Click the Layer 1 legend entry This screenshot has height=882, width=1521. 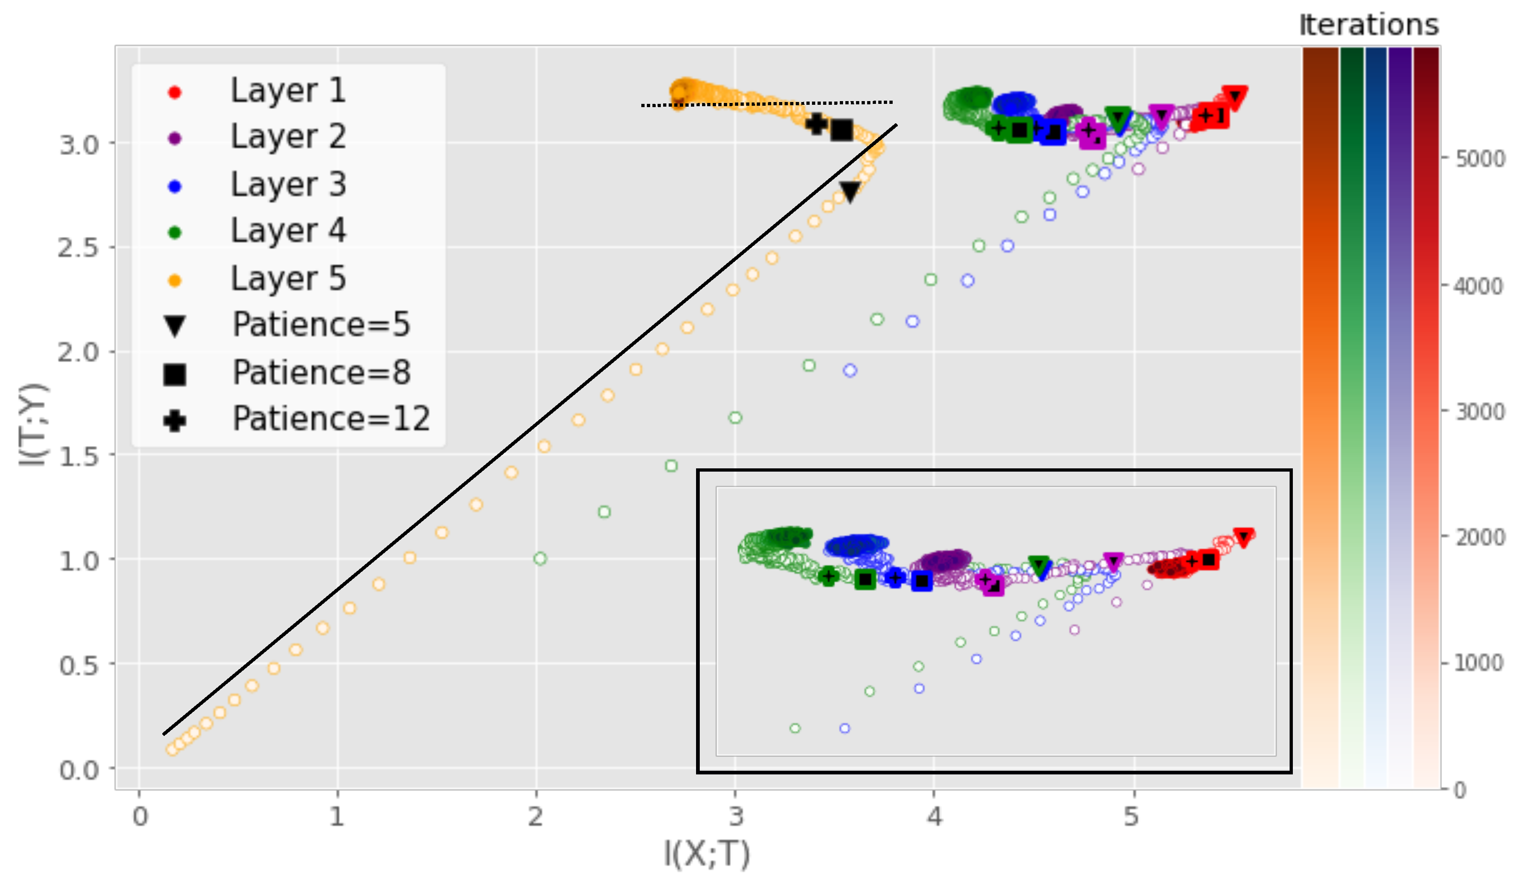(x=288, y=91)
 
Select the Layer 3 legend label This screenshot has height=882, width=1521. (x=288, y=184)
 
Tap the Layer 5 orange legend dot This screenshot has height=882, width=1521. (x=174, y=281)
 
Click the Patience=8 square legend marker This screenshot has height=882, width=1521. (x=174, y=374)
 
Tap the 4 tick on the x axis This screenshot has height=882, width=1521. (x=934, y=817)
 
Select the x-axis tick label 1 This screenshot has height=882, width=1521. (x=337, y=817)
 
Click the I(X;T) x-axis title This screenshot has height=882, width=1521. (x=706, y=854)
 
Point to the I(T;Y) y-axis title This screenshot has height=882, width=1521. (x=33, y=424)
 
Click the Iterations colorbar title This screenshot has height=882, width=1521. (x=1368, y=26)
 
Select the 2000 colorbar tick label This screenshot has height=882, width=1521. (x=1479, y=537)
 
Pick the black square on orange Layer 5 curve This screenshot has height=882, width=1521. (x=841, y=129)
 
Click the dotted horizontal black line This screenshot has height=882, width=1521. (x=767, y=104)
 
